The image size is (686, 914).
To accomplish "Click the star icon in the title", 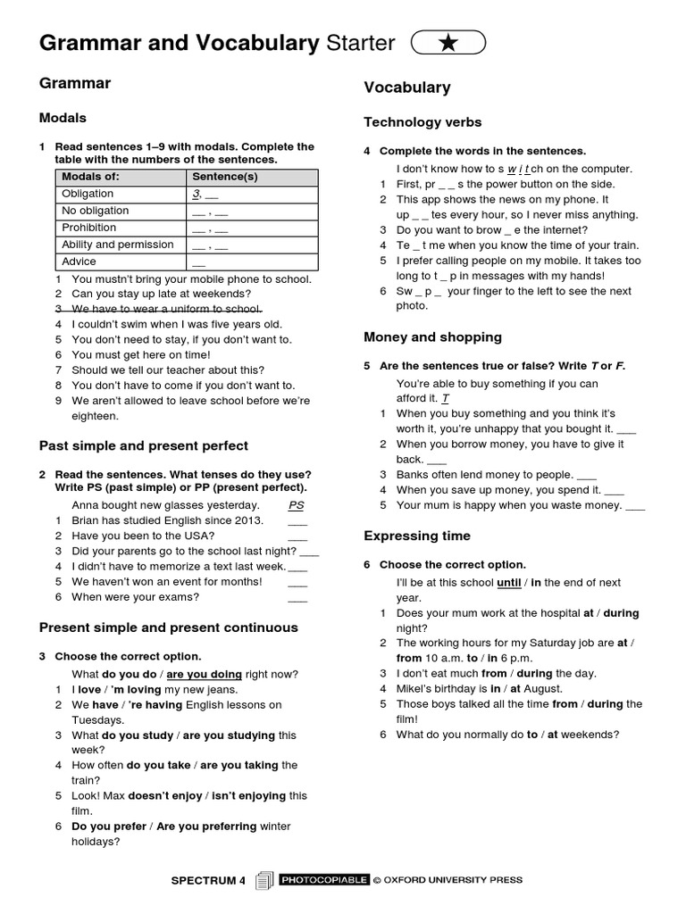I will [448, 43].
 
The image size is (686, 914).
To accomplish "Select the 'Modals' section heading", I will [63, 118].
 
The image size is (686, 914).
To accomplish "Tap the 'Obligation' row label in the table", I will [88, 194].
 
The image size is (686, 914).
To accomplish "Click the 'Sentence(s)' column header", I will [225, 177].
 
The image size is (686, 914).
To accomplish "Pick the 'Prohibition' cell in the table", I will [89, 228].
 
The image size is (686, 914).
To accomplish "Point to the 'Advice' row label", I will [79, 262].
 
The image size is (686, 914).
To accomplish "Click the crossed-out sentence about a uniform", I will [167, 309].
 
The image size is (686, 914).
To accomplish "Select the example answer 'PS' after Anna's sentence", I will [297, 505].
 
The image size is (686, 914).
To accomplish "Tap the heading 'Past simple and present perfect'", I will [144, 445].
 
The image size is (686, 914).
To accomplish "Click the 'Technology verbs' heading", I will [422, 122].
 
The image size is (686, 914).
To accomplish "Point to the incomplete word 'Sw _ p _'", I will [419, 291].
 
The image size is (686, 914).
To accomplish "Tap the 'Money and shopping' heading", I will [432, 337].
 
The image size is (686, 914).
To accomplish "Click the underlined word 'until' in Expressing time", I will [508, 583].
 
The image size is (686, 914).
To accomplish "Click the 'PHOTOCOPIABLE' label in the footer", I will [324, 880].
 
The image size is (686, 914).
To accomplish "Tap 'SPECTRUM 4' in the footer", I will [208, 881].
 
